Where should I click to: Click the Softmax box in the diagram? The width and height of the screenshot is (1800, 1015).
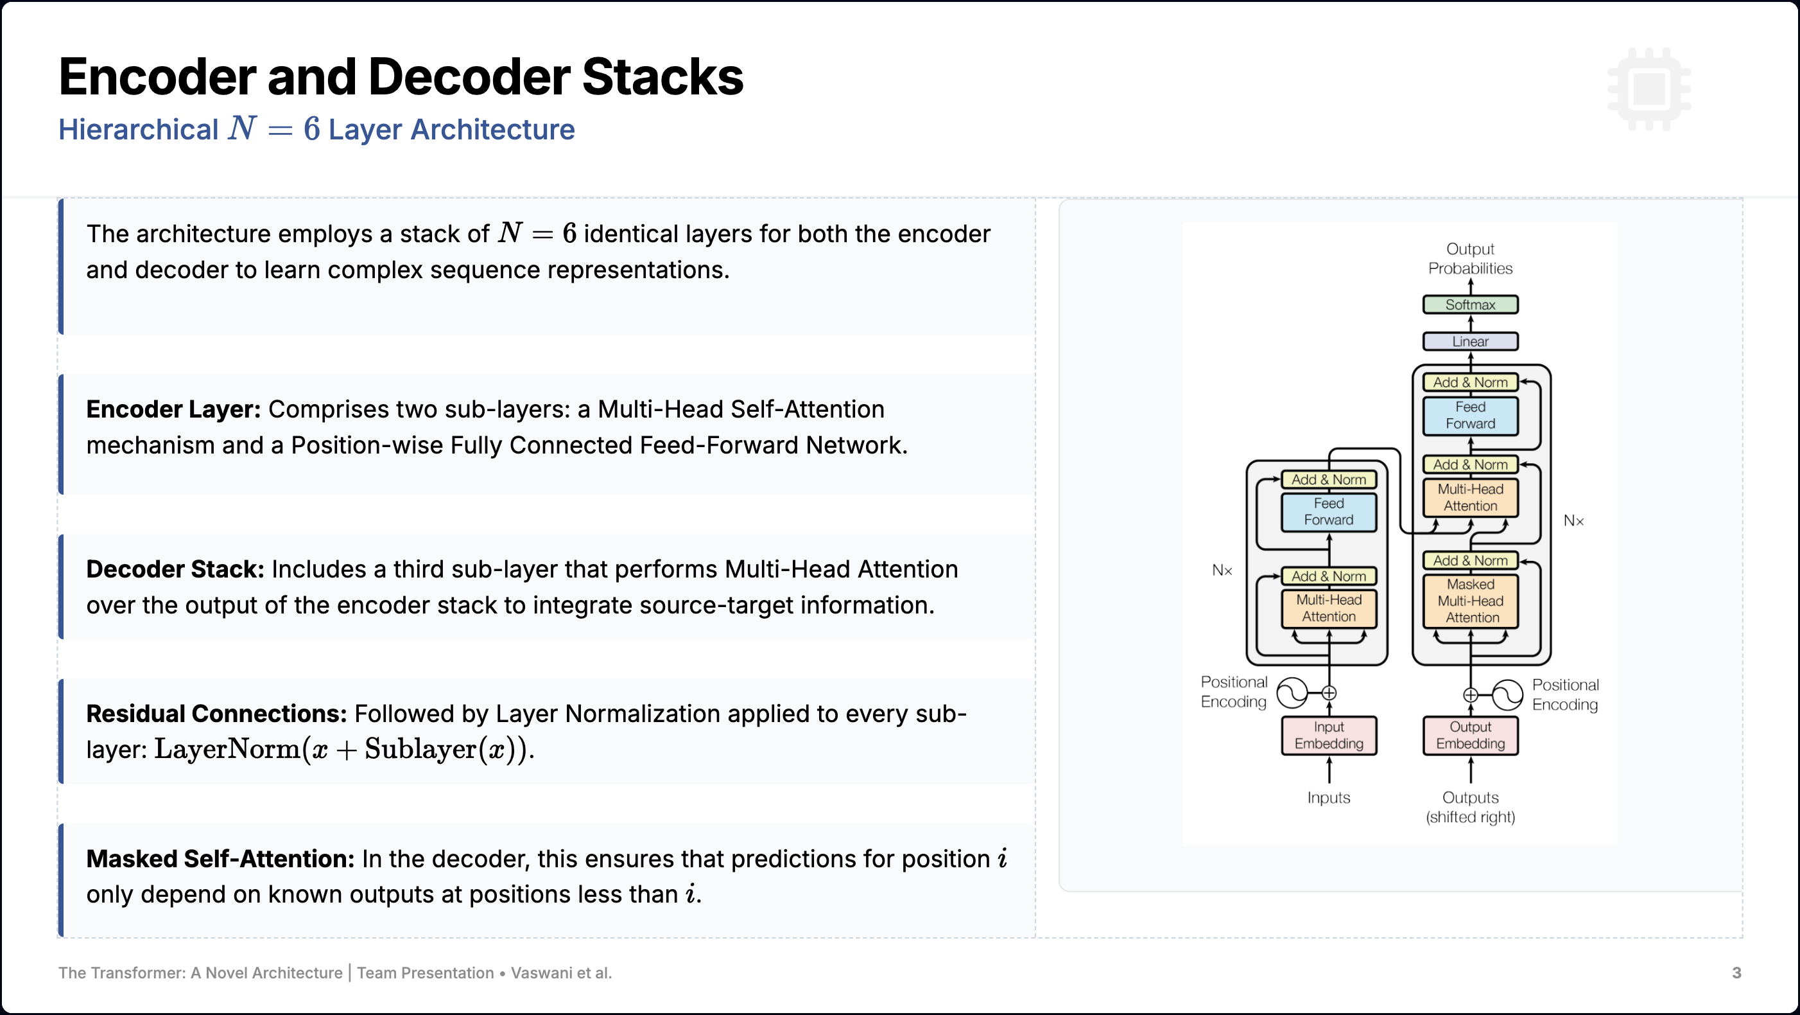point(1470,304)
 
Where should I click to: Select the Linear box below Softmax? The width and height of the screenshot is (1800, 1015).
point(1470,342)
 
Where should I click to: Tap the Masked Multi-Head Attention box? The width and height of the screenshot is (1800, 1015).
point(1470,601)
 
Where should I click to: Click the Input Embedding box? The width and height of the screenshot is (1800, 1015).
point(1328,736)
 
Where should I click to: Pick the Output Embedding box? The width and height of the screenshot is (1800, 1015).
point(1470,736)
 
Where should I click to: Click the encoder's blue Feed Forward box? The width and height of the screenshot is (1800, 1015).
point(1328,512)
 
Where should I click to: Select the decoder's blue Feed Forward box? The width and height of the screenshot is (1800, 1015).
point(1470,415)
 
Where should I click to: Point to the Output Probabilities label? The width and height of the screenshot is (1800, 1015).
point(1470,259)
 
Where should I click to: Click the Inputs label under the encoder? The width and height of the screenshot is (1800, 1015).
point(1328,798)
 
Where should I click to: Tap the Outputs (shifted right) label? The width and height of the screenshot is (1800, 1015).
point(1470,808)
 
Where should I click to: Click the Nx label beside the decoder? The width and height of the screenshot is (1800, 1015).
point(1573,521)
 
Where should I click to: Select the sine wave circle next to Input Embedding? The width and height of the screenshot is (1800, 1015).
point(1292,693)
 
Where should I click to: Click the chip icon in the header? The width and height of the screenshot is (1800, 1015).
point(1649,89)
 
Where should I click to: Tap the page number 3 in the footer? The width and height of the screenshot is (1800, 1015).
point(1736,973)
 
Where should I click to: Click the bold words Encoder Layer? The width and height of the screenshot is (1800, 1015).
point(173,409)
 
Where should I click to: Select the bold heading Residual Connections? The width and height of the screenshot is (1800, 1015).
point(216,714)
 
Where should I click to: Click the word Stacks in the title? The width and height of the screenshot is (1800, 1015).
point(662,77)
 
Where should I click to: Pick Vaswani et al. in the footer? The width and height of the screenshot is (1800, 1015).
point(561,973)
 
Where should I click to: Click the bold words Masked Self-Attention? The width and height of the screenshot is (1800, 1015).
point(220,858)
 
